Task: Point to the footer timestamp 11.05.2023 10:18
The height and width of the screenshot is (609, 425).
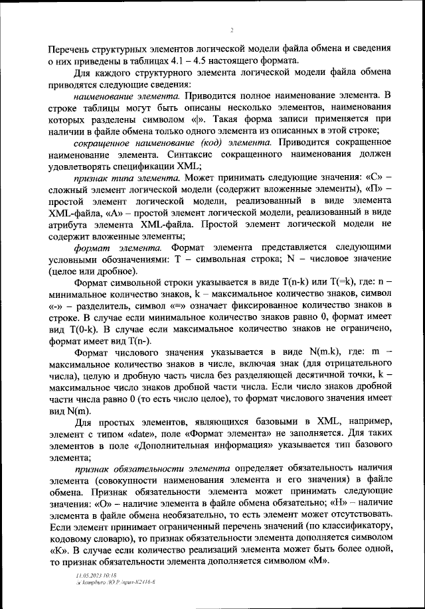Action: click(96, 577)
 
